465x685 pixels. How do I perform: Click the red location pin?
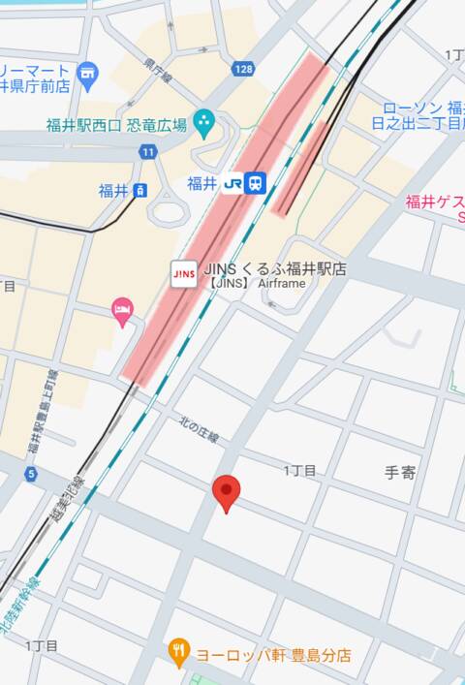(227, 492)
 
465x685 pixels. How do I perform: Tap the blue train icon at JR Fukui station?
(255, 183)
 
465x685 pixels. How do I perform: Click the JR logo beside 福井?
(232, 183)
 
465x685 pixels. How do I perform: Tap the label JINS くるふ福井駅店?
(275, 267)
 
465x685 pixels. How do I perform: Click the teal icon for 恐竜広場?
(203, 122)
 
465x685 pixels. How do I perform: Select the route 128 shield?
(242, 69)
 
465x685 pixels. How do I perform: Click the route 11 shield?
(147, 152)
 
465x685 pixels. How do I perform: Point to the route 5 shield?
(31, 474)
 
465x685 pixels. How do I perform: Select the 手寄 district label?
(400, 473)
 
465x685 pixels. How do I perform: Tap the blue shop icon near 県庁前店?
(88, 73)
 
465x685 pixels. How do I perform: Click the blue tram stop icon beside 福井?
(140, 191)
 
